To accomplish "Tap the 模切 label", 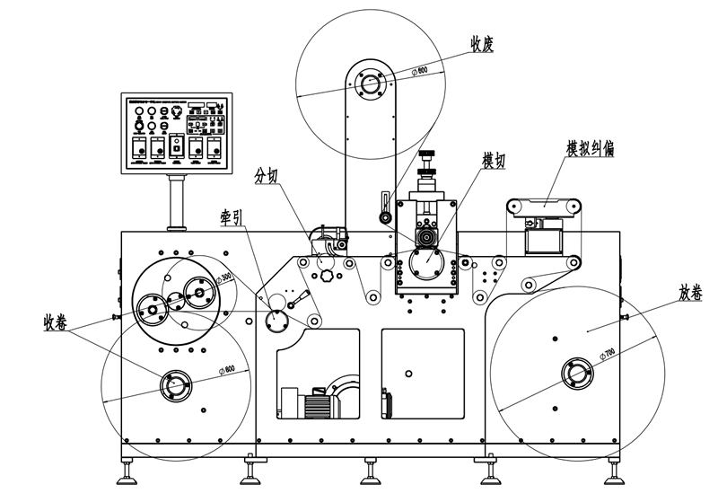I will (494, 161).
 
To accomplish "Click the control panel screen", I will (176, 130).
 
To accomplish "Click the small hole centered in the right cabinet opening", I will (408, 372).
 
